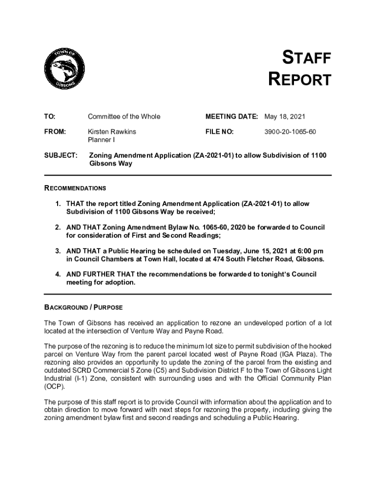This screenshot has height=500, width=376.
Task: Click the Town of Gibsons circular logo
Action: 64,69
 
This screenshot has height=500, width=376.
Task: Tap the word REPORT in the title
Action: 300,80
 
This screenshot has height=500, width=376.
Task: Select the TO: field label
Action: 50,117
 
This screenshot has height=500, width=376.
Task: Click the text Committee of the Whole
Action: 124,117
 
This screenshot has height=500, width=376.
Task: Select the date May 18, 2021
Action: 285,117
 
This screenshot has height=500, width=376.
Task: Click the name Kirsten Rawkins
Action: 112,132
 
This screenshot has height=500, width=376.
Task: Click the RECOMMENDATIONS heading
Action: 75,188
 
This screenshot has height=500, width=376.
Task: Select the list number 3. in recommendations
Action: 58,250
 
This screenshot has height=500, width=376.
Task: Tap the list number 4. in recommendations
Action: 58,274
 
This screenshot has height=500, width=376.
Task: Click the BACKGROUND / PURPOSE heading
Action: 84,308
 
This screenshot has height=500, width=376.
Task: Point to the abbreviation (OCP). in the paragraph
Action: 55,385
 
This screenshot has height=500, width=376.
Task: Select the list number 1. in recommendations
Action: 58,204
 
